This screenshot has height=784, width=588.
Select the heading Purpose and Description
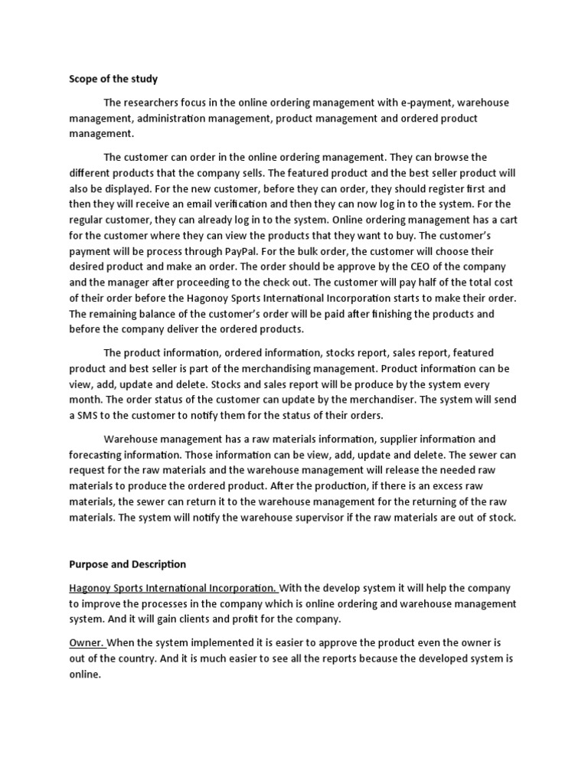click(x=128, y=564)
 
